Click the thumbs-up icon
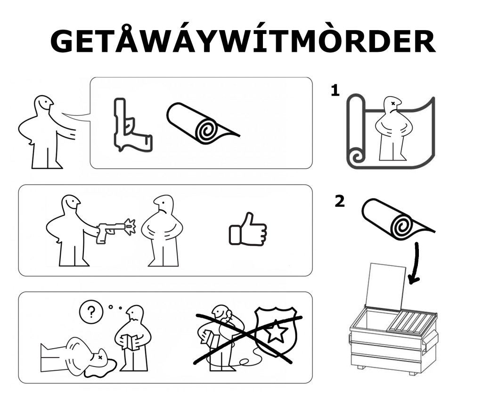tap(248, 229)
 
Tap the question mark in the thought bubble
tap(91, 312)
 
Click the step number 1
tap(335, 90)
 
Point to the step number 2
tap(339, 201)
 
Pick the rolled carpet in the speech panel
tap(203, 124)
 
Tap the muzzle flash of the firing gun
tap(130, 227)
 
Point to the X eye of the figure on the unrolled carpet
tap(393, 104)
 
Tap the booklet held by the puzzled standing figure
tap(130, 342)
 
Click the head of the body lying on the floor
tap(100, 358)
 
